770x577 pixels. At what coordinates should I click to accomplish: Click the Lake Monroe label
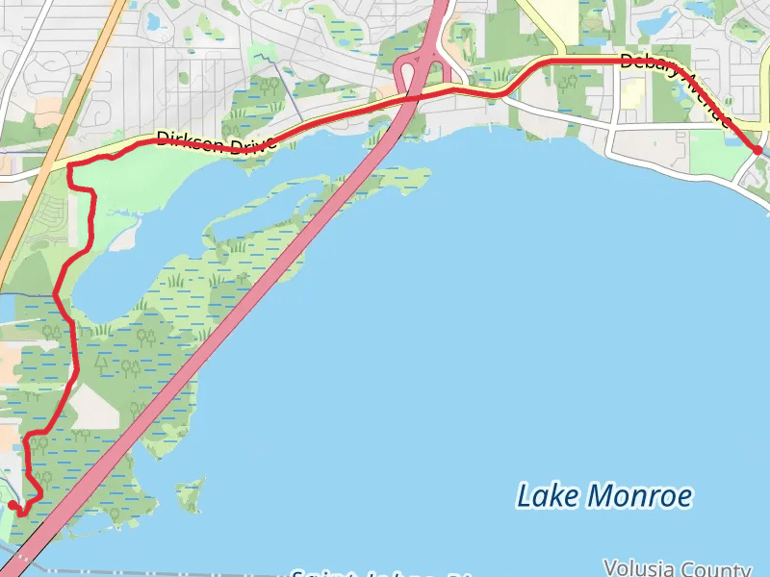(x=604, y=496)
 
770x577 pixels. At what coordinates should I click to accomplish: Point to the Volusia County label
(x=677, y=567)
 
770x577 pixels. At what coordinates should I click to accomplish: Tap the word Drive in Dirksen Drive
(x=251, y=146)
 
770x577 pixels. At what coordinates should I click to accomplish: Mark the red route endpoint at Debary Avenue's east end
(x=757, y=150)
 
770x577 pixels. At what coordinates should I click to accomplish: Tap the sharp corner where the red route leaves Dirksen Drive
(x=70, y=166)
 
